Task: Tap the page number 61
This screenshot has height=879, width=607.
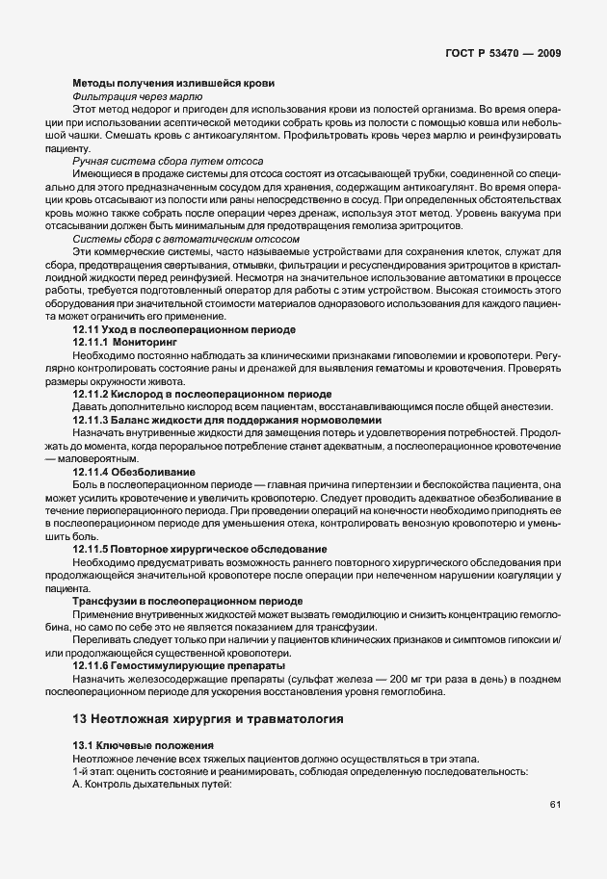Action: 555,804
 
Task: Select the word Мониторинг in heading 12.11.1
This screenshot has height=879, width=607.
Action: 145,342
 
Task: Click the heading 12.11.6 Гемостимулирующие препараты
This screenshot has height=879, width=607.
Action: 179,664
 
